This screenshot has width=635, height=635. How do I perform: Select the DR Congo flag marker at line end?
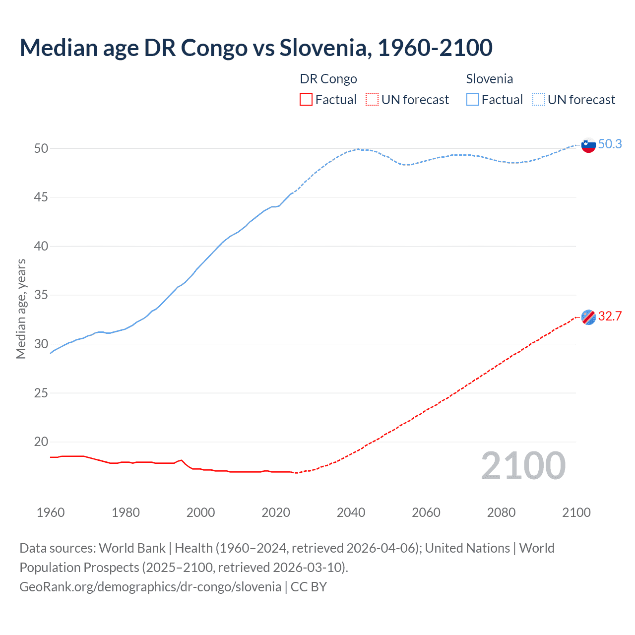click(588, 317)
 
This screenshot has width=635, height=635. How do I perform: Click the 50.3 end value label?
click(610, 144)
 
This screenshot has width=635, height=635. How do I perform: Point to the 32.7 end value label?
click(610, 316)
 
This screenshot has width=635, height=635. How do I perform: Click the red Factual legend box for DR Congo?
click(306, 99)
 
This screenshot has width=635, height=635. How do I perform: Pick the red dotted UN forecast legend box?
click(372, 99)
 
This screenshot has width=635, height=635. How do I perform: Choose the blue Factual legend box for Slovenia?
click(473, 99)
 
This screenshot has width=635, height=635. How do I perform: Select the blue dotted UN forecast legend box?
click(538, 99)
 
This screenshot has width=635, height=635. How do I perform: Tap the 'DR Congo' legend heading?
click(328, 79)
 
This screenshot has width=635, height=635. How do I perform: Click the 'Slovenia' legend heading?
click(489, 79)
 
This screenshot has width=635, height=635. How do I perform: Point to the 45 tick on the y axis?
click(41, 197)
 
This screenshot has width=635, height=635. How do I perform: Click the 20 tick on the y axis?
click(41, 442)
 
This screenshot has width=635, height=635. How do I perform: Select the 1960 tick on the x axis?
click(51, 512)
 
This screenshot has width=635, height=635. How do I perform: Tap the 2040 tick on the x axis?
click(351, 512)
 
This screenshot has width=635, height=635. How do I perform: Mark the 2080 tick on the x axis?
click(501, 512)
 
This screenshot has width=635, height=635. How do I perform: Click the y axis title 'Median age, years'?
click(21, 309)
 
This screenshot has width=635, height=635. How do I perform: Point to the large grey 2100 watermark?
click(523, 466)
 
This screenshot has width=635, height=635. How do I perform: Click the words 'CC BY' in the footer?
click(309, 587)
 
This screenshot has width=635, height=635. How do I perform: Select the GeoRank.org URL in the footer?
click(150, 587)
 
